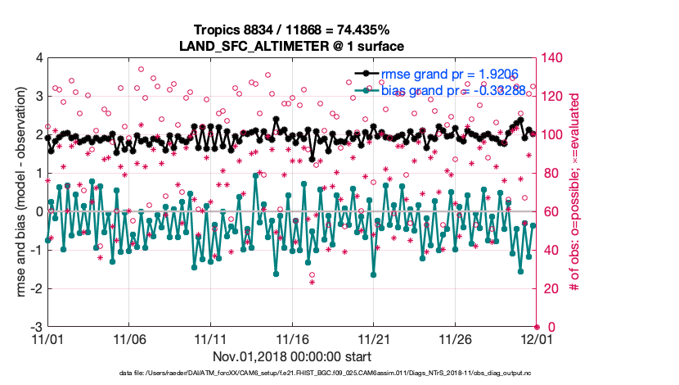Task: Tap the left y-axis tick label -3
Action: pos(35,327)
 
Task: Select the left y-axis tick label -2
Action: pos(35,288)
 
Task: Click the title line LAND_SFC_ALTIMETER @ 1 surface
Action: pos(292,45)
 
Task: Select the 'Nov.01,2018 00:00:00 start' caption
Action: pos(292,356)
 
